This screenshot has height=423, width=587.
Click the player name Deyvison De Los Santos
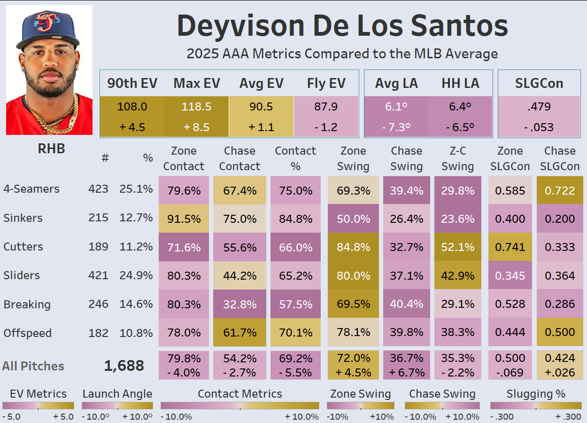pos(342,26)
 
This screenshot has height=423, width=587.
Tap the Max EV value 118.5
pos(196,107)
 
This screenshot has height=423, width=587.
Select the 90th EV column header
pos(132,83)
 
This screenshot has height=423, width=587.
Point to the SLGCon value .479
pos(539,107)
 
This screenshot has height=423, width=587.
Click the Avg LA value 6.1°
pos(396,107)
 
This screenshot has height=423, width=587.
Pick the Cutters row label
pos(23,247)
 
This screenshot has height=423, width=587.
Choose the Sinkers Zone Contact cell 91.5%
pos(184,219)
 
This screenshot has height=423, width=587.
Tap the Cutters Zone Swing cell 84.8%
pos(353,247)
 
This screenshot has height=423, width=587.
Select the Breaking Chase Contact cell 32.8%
pos(239,304)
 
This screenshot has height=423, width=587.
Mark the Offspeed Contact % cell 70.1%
pos(295,333)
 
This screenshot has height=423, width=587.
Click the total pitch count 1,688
pos(124,366)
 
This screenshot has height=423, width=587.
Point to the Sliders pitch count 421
pos(98,275)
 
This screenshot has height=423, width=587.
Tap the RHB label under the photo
pos(51,149)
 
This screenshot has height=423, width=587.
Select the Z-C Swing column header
pos(457,158)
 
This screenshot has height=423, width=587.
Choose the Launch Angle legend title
pos(117,394)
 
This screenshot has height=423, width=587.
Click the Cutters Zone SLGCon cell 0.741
pos(510,247)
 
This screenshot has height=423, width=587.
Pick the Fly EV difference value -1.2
pos(325,127)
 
